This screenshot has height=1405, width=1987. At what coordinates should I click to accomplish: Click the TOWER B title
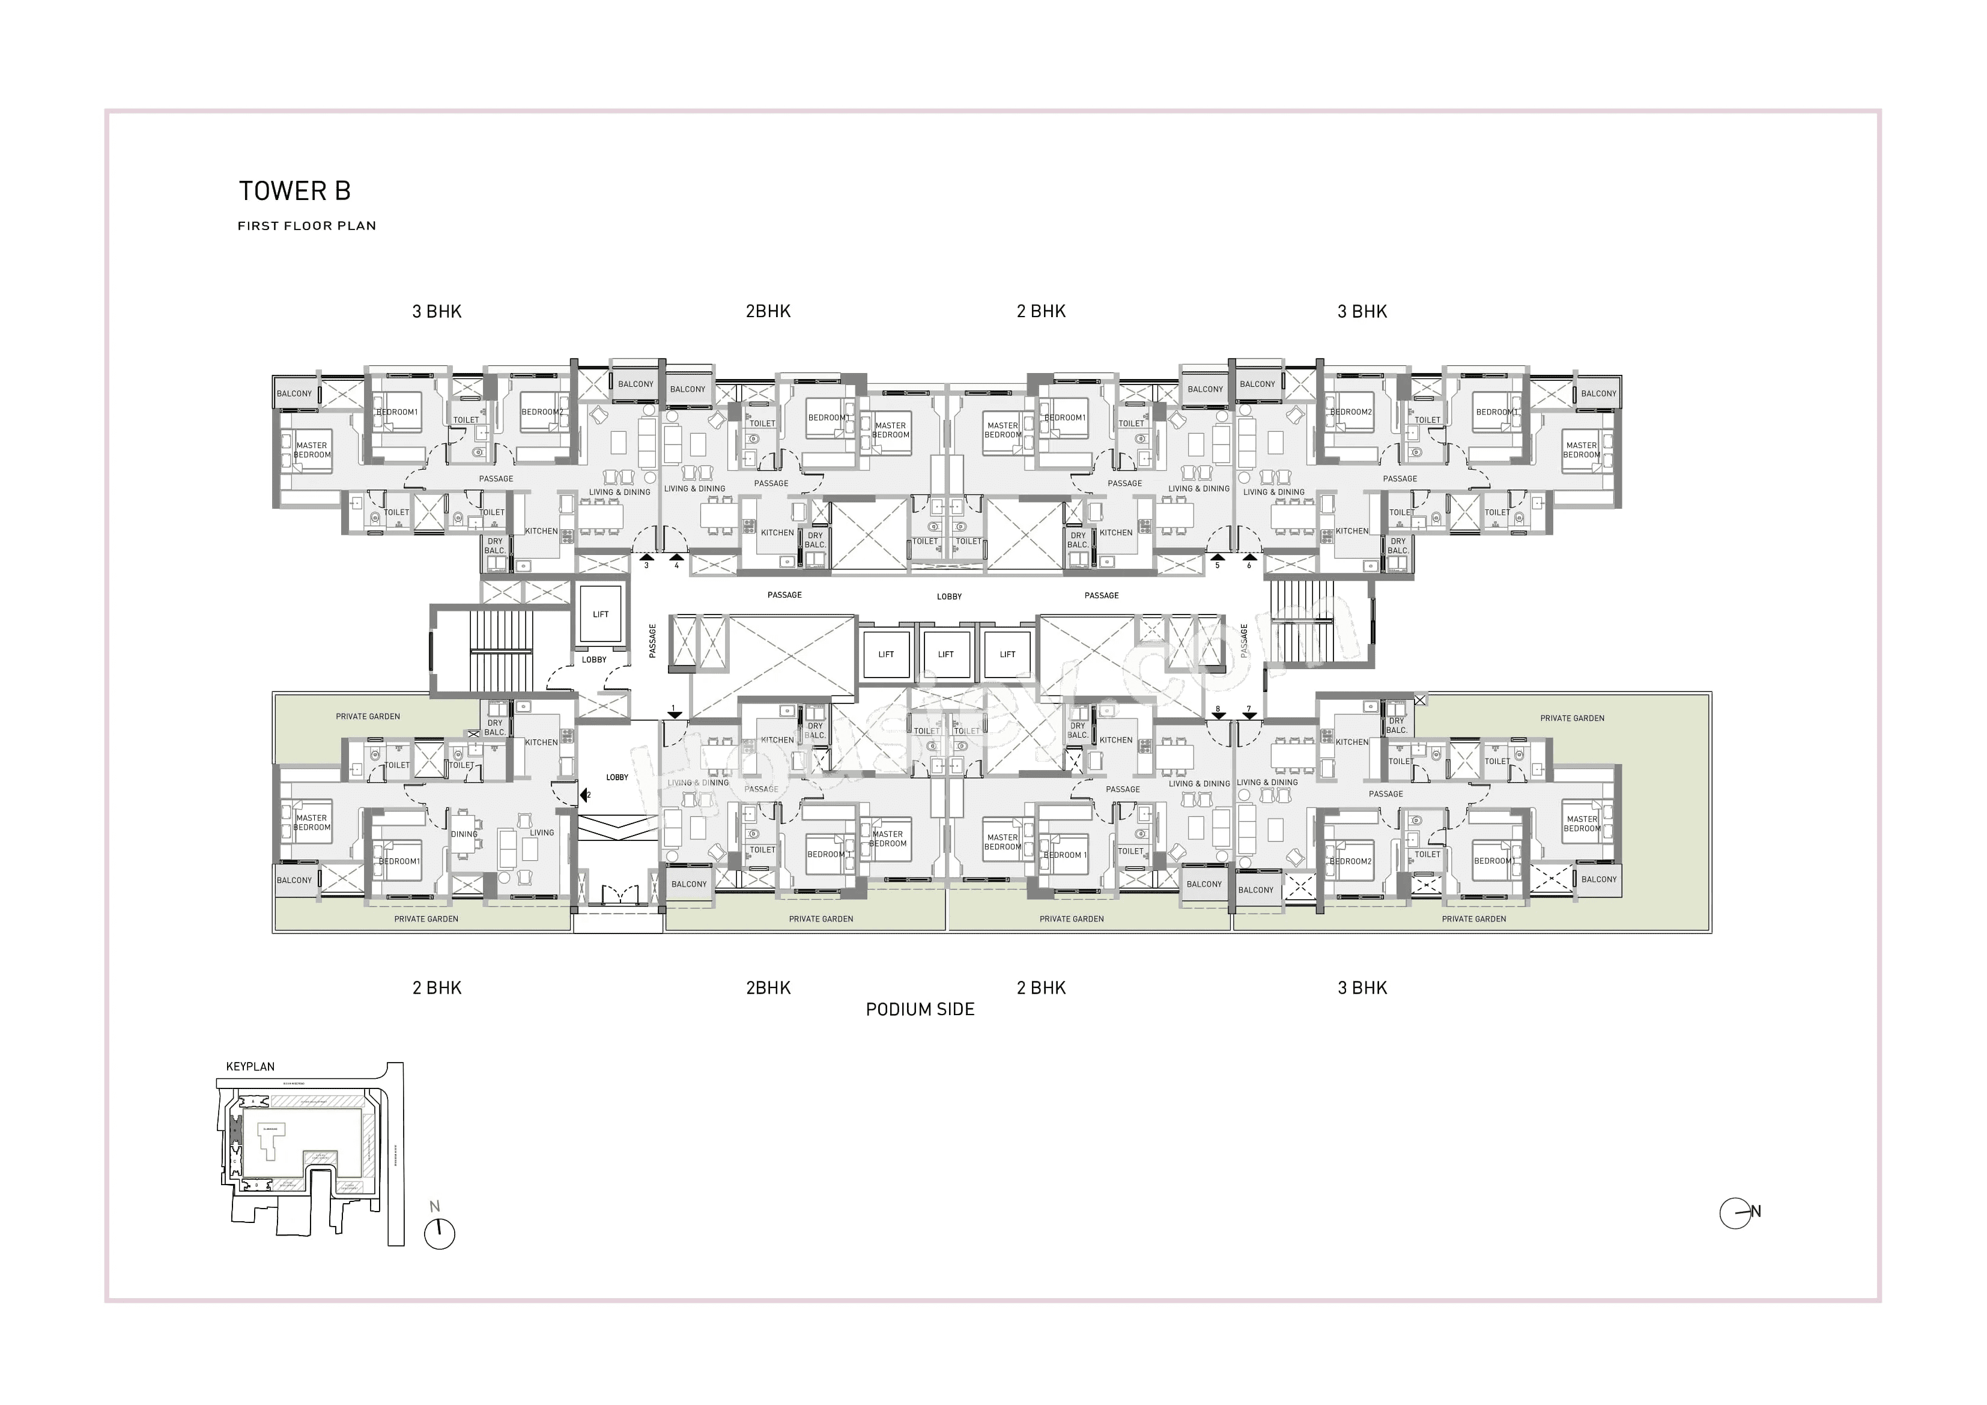coord(294,191)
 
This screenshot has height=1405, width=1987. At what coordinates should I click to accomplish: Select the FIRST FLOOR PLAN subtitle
coord(306,226)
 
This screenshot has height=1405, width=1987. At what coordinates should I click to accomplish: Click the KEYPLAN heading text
coord(250,1067)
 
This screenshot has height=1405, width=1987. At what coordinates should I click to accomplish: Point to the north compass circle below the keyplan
coord(440,1234)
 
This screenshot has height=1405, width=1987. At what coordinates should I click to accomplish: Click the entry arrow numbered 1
coord(674,714)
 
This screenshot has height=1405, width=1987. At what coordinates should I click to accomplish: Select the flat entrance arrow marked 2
coord(584,795)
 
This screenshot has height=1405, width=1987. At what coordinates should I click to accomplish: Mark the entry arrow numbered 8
coord(1218,714)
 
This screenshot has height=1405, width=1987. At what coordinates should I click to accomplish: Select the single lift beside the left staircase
coord(601,614)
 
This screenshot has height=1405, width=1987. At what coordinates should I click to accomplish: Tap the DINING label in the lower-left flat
coord(464,834)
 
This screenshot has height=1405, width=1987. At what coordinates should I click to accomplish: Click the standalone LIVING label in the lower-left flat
coord(542,833)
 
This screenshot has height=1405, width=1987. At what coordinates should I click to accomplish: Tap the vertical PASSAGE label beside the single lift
coord(652,640)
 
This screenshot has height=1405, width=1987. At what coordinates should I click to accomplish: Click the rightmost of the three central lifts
coord(1007,655)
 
